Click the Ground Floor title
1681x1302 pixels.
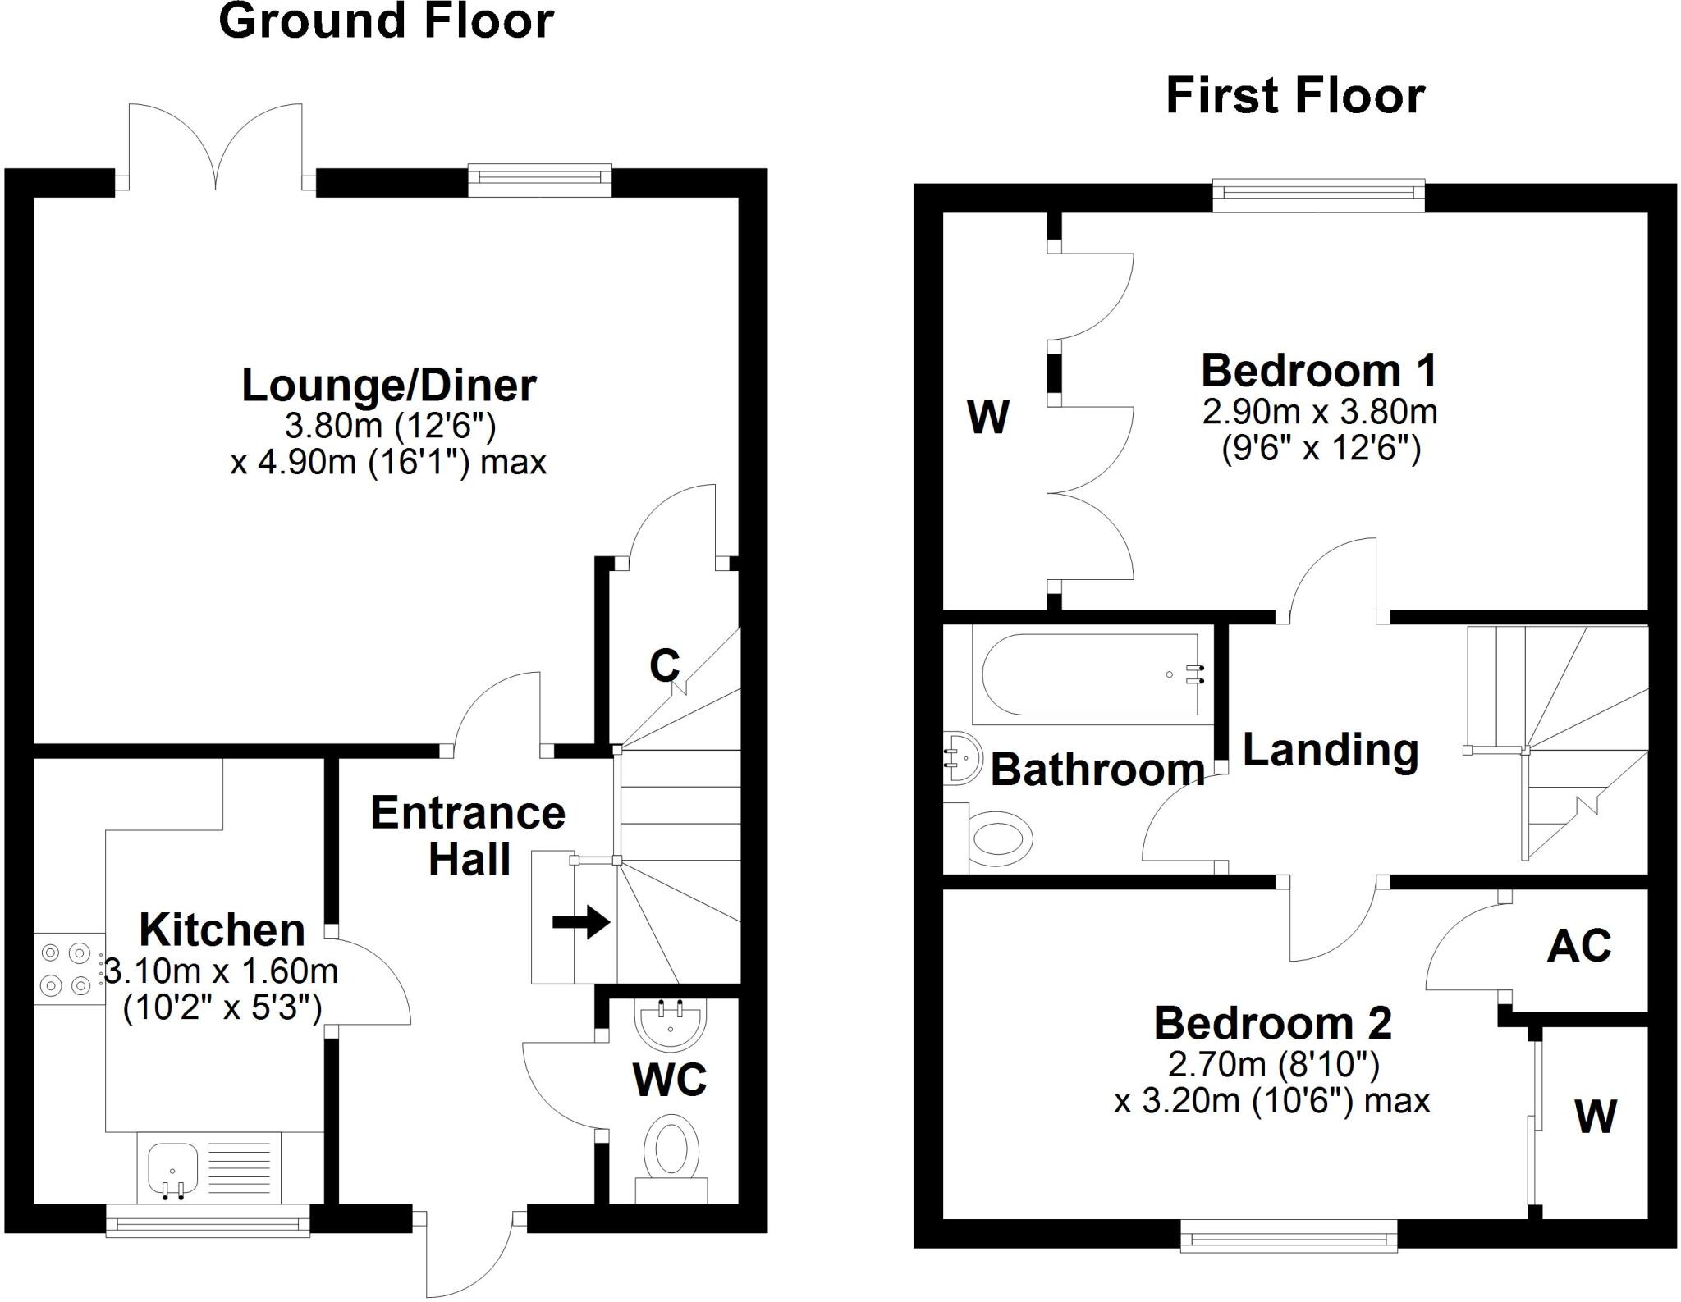[386, 21]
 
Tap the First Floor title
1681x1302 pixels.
[1294, 97]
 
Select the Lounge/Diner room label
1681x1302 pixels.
[388, 386]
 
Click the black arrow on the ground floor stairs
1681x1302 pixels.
[581, 922]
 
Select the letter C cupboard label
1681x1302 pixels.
[664, 665]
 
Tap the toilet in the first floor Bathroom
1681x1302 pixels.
[997, 839]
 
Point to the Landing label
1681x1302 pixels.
[1330, 750]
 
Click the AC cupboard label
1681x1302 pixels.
[1578, 946]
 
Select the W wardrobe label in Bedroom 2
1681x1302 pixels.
[1595, 1117]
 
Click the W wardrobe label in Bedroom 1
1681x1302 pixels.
[987, 418]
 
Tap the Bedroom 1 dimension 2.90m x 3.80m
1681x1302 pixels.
[1319, 412]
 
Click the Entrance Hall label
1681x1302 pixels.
[468, 836]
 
